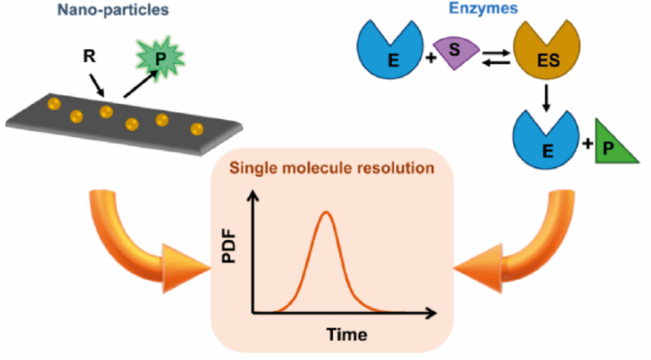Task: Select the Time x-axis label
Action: pyautogui.click(x=347, y=334)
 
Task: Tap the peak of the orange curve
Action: pyautogui.click(x=326, y=212)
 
